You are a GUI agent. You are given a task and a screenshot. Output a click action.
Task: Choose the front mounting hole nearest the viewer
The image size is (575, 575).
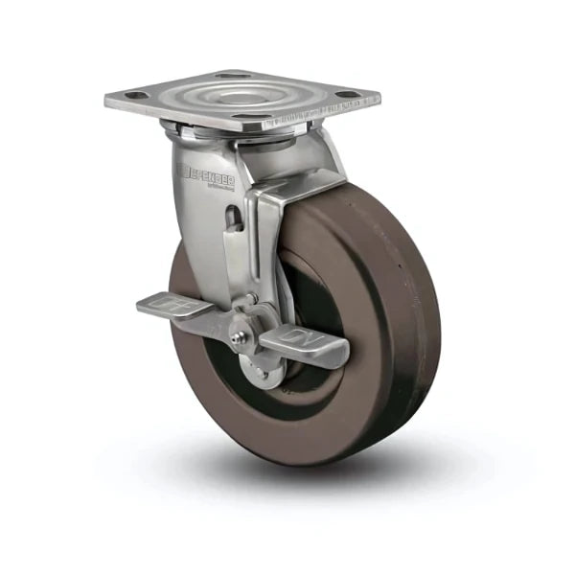[x=251, y=118]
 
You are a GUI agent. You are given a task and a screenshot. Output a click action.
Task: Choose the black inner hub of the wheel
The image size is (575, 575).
[x=297, y=364]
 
